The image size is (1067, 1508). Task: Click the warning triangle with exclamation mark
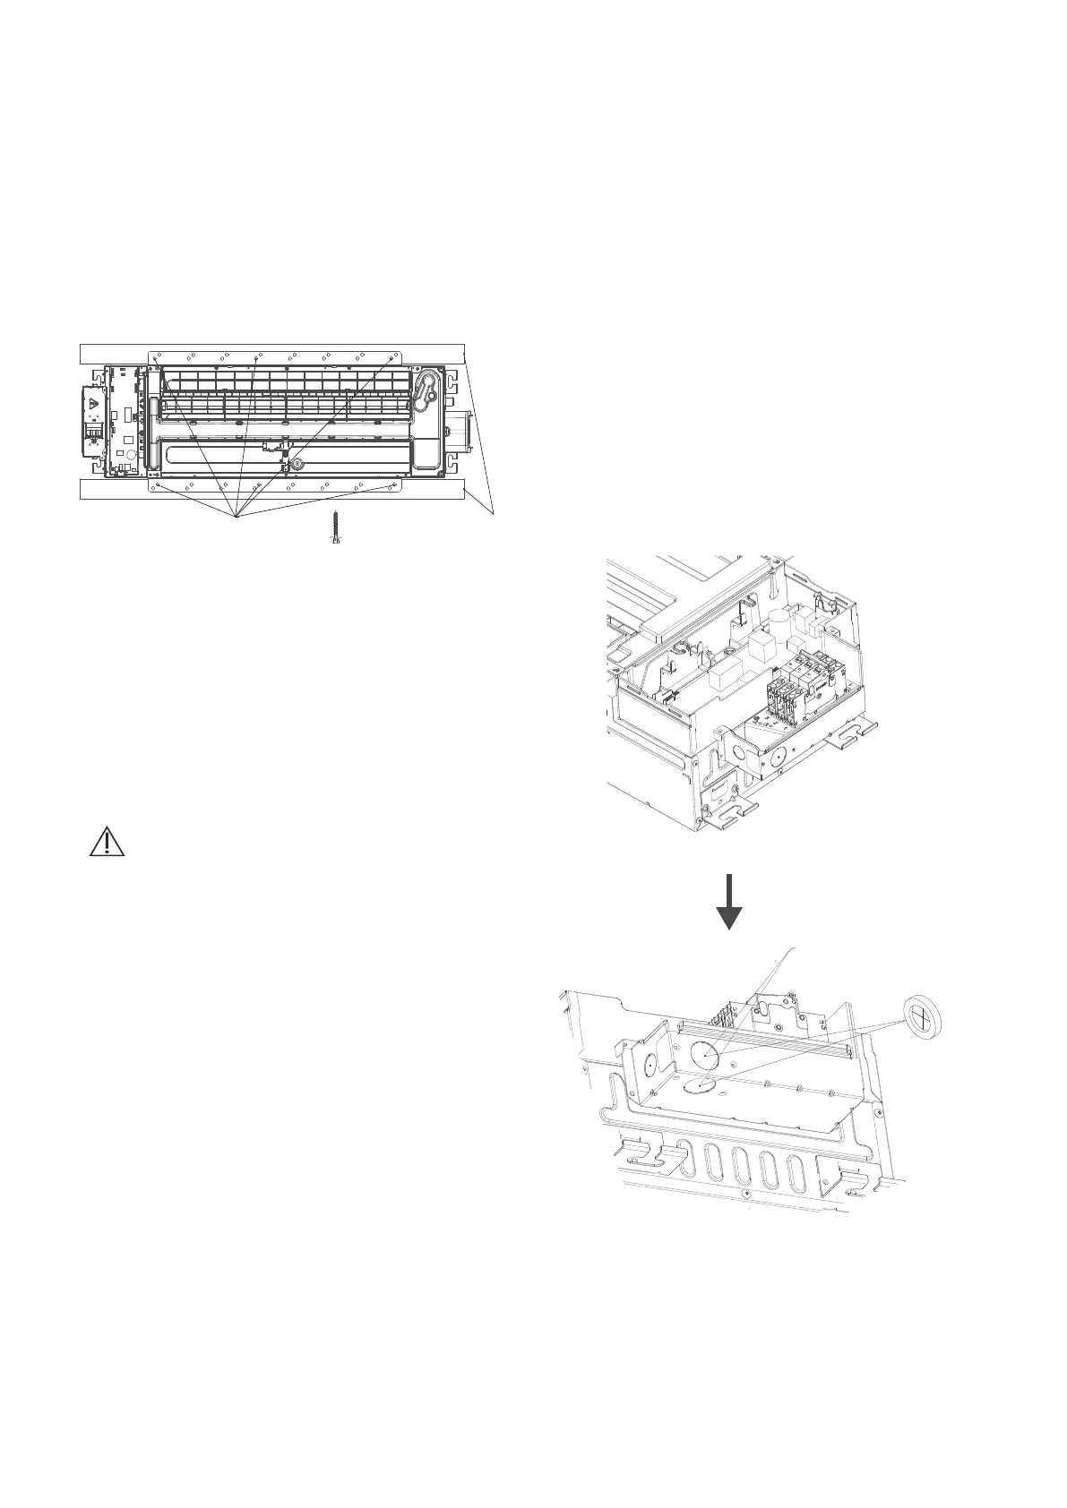tap(106, 844)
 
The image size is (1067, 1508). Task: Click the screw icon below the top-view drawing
tap(336, 529)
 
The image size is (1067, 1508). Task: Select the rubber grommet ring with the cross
tap(922, 1015)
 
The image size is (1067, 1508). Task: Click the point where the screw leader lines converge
tap(235, 517)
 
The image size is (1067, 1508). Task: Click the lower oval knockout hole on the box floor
tap(701, 1085)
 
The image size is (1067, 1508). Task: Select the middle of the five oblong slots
tap(741, 1163)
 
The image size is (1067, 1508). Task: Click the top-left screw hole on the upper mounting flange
tap(156, 357)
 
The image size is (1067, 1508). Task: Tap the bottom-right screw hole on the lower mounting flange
tap(395, 485)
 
